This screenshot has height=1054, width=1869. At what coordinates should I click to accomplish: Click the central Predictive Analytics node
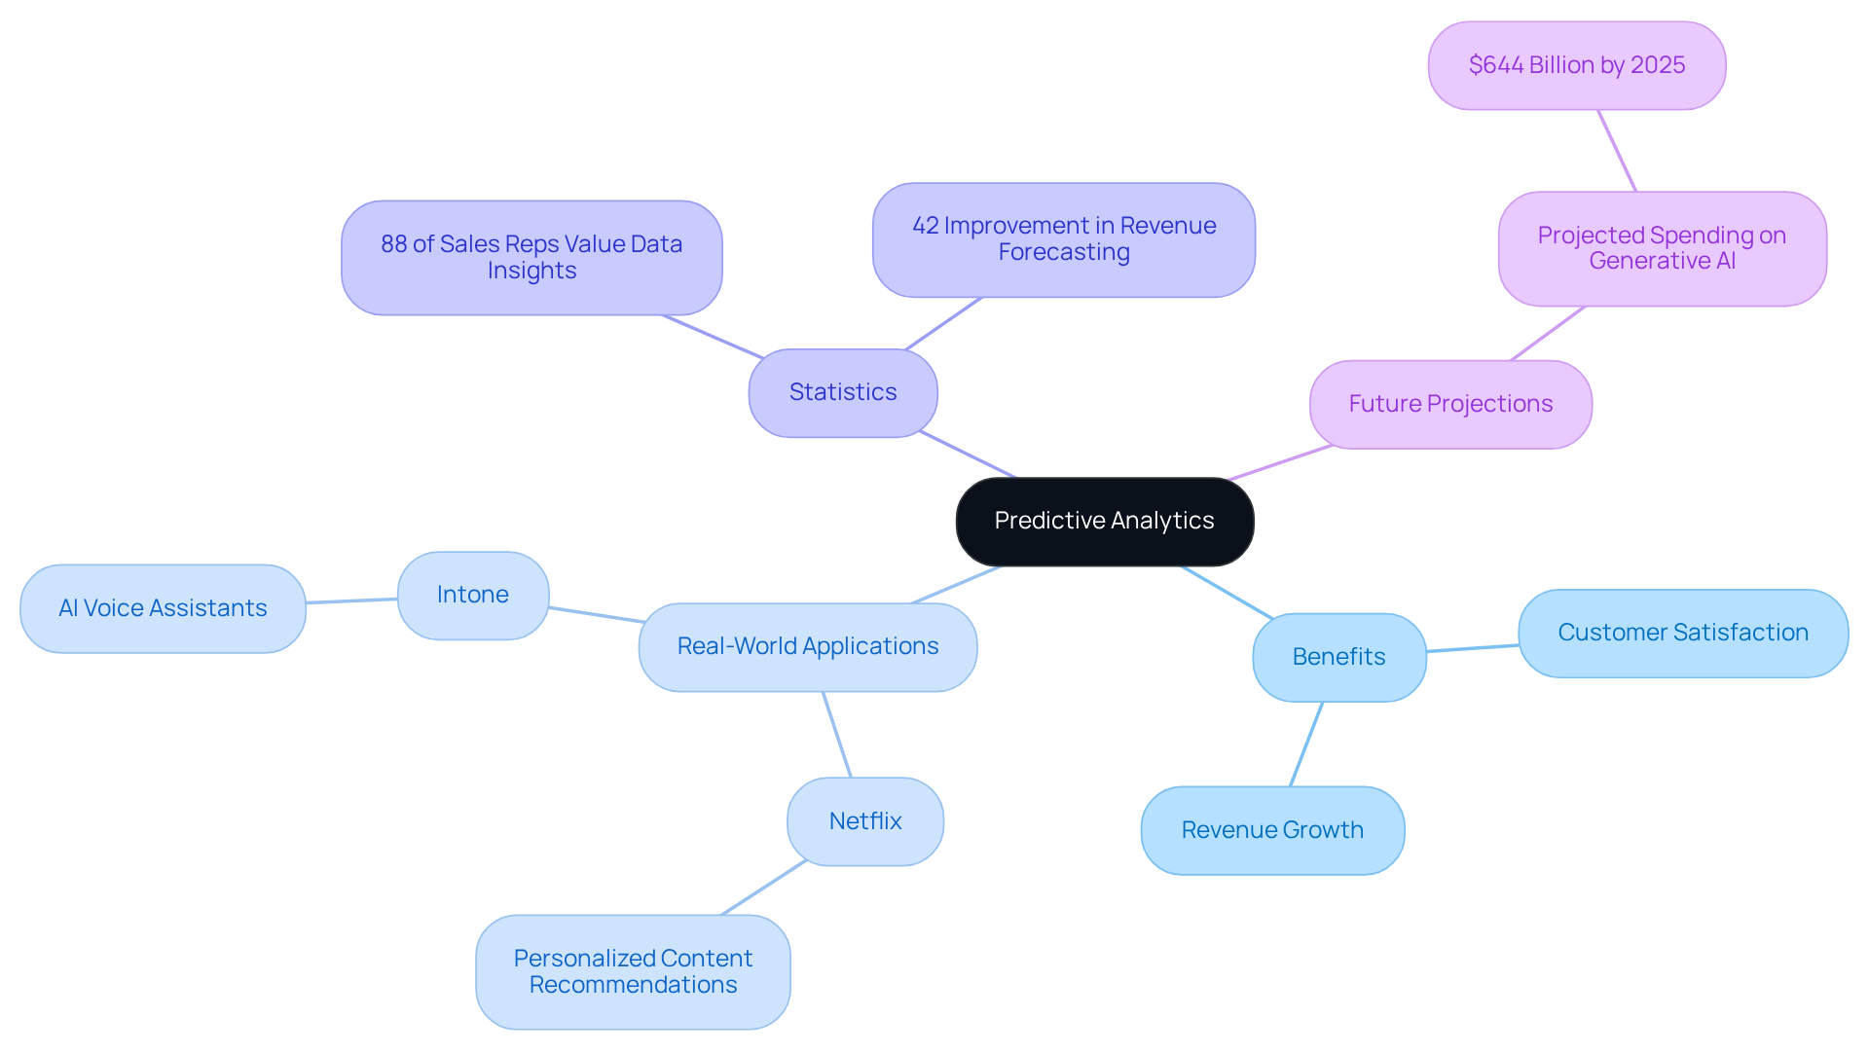[x=1104, y=521]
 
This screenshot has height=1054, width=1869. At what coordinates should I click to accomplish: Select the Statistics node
[x=843, y=392]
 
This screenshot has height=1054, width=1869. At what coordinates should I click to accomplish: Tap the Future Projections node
[x=1450, y=404]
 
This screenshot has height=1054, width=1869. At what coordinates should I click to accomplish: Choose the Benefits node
[x=1338, y=657]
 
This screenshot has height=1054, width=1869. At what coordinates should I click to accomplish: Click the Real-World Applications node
[x=807, y=646]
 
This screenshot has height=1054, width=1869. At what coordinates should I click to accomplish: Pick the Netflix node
[x=864, y=821]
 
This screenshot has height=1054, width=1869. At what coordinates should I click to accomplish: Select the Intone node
[x=473, y=595]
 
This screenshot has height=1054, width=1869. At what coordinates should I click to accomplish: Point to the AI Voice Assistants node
[x=163, y=608]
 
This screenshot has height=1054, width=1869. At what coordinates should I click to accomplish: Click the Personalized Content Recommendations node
[x=633, y=971]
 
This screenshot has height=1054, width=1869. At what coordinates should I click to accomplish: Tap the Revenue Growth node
[x=1272, y=830]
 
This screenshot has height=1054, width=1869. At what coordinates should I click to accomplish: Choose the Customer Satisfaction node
[x=1682, y=633]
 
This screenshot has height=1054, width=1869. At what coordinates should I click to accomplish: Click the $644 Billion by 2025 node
[x=1576, y=65]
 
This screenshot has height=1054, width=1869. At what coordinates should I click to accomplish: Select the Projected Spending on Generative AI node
[x=1662, y=248]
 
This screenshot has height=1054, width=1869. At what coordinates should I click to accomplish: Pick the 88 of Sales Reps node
[x=531, y=257]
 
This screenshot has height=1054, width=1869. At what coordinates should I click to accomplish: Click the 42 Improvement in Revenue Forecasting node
[x=1063, y=239]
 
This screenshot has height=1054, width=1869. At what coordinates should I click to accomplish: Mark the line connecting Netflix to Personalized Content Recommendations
[x=763, y=888]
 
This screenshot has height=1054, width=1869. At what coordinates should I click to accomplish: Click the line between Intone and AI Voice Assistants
[x=351, y=600]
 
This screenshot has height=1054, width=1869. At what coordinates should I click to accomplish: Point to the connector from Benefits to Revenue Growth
[x=1306, y=744]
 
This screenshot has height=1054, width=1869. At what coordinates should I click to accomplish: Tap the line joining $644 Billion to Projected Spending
[x=1617, y=151]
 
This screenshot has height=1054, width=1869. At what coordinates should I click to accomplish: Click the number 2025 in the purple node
[x=1658, y=65]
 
